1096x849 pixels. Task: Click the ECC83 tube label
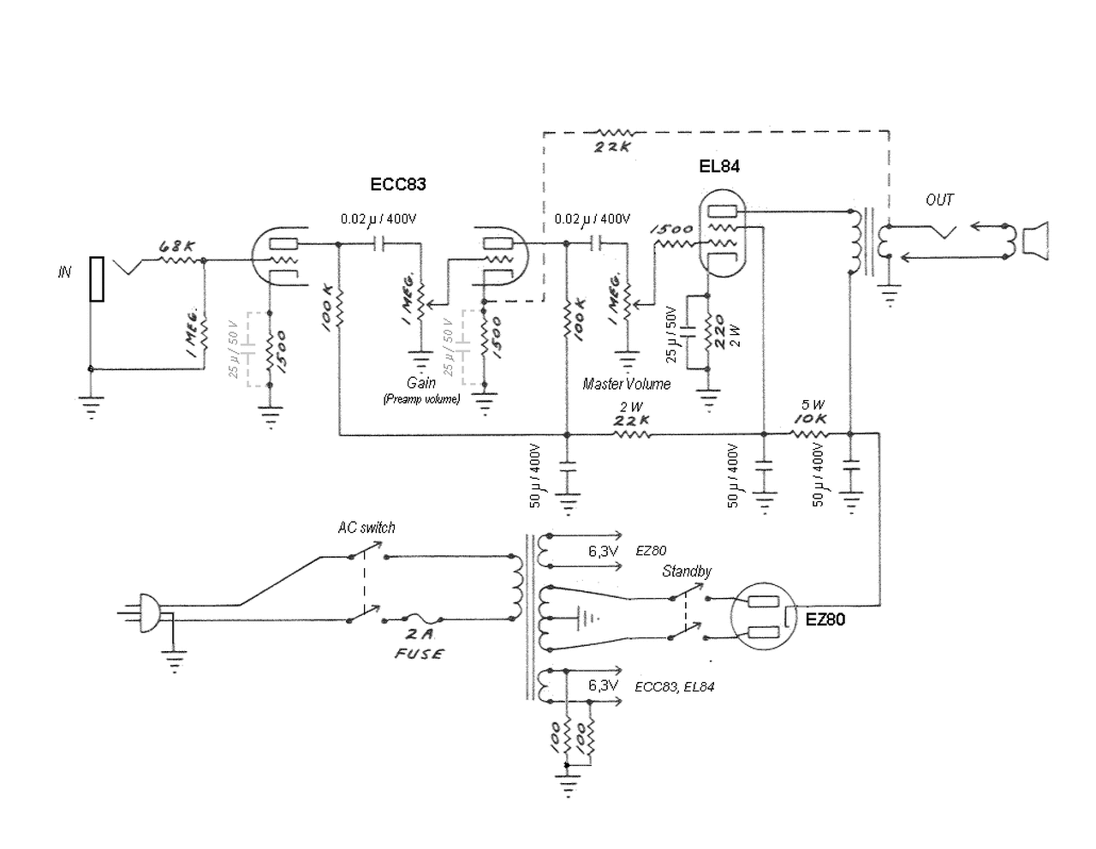[x=397, y=184]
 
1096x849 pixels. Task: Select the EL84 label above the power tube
[x=718, y=166]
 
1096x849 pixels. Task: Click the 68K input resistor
[x=181, y=260]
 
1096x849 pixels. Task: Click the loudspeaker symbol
[x=1035, y=241]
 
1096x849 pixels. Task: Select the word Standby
[x=686, y=571]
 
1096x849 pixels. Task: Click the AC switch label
[x=366, y=528]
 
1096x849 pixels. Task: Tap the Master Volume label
[x=626, y=384]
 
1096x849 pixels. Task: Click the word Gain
[x=420, y=383]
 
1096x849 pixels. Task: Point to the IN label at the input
[x=64, y=272]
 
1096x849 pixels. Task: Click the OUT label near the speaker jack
[x=939, y=200]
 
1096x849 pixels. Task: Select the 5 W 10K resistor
[x=808, y=433]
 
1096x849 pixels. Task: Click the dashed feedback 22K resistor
[x=616, y=133]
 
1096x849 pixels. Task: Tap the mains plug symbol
[x=149, y=613]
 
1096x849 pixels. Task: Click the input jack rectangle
[x=97, y=279]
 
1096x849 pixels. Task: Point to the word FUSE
[x=419, y=655]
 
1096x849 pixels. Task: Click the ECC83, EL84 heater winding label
[x=674, y=687]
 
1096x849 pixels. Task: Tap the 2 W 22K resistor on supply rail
[x=631, y=433]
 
